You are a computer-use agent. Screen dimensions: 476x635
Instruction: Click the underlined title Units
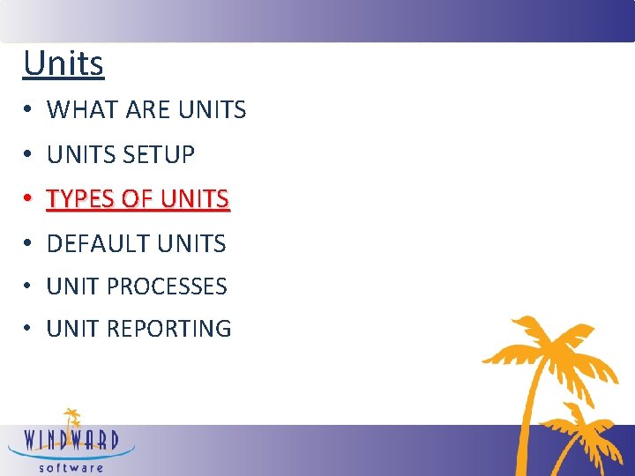point(63,63)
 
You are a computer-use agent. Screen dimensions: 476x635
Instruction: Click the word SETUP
point(159,155)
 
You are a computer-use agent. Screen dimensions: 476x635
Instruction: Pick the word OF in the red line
point(137,199)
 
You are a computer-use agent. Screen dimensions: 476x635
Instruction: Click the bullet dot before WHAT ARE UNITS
point(29,110)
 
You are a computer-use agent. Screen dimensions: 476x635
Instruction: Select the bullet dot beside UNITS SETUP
point(29,155)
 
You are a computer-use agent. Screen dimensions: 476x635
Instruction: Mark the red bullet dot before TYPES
point(29,199)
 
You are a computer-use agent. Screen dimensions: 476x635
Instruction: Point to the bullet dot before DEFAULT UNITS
point(29,244)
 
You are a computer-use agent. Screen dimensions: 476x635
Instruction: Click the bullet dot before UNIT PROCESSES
point(29,286)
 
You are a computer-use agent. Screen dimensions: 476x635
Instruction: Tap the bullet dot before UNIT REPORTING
point(29,329)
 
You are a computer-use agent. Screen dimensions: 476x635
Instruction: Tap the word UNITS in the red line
point(194,199)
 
